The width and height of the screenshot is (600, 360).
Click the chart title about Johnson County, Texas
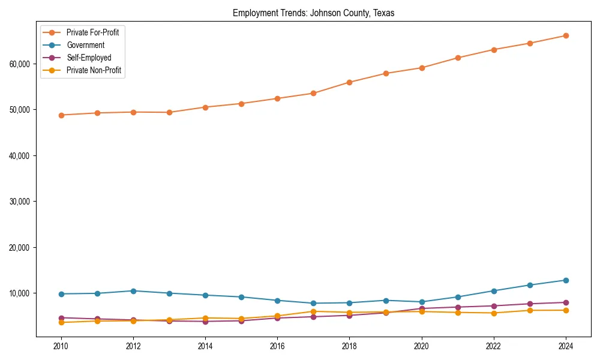pyautogui.click(x=313, y=13)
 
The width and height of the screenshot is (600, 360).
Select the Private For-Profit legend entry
pyautogui.click(x=92, y=32)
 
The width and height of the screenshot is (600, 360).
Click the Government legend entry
pyautogui.click(x=85, y=45)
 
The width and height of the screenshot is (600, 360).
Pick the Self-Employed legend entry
pyautogui.click(x=89, y=58)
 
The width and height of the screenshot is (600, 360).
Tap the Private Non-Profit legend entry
pyautogui.click(x=94, y=70)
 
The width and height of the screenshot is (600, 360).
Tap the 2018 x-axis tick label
pyautogui.click(x=349, y=346)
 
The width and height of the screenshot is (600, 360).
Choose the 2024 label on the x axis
pyautogui.click(x=565, y=346)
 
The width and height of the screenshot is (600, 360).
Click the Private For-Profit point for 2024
pyautogui.click(x=565, y=36)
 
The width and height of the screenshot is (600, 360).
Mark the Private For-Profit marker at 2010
pyautogui.click(x=61, y=115)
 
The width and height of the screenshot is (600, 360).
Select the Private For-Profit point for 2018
pyautogui.click(x=349, y=82)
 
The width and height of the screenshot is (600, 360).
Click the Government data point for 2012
pyautogui.click(x=133, y=291)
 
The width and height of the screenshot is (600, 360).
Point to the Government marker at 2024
pyautogui.click(x=565, y=280)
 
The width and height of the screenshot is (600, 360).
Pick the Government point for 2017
pyautogui.click(x=313, y=303)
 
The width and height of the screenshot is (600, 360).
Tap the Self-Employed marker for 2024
pyautogui.click(x=565, y=302)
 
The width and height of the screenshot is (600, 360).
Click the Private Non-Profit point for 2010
pyautogui.click(x=61, y=323)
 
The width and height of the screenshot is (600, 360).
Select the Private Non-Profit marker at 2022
pyautogui.click(x=493, y=313)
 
